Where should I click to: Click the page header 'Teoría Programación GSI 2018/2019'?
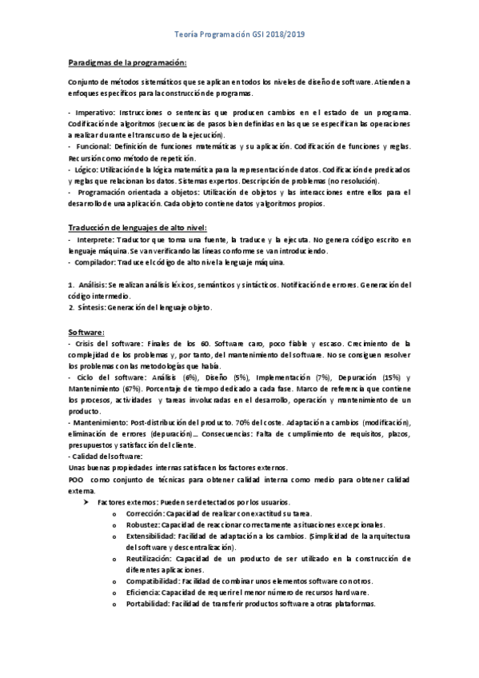click(x=240, y=36)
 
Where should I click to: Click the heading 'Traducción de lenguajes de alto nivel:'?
click(x=138, y=228)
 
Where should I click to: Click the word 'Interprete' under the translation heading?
click(x=95, y=240)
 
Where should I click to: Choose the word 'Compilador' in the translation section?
click(x=98, y=262)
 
